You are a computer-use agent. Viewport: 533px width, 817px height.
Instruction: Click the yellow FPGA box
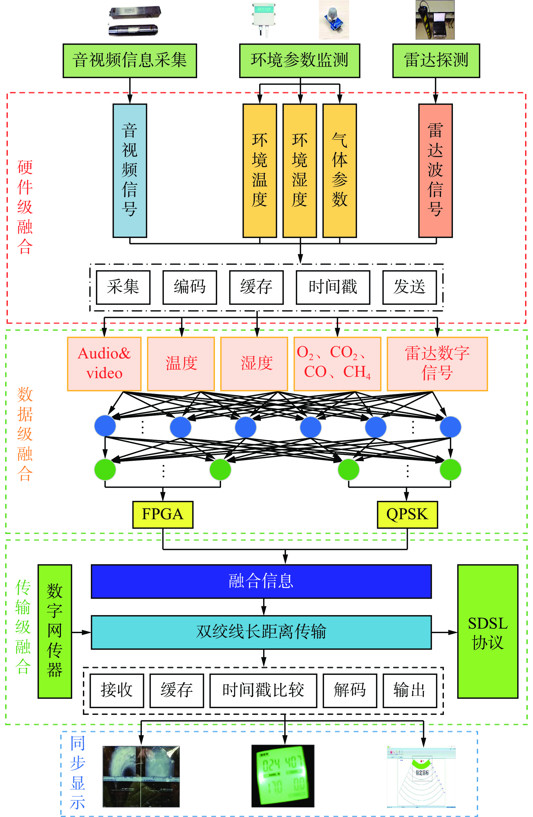point(163,514)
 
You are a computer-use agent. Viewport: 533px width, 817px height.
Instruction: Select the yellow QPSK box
point(407,514)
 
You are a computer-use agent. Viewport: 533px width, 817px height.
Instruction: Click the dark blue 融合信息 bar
point(261,581)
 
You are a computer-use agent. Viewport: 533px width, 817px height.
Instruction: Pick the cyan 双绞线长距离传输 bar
point(261,632)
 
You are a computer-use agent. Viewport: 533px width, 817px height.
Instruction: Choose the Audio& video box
point(104,364)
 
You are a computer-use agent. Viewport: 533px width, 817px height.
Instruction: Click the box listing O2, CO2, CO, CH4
point(337,364)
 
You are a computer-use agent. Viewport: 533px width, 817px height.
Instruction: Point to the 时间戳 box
point(332,287)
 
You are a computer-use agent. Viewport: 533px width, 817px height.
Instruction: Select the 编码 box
point(190,287)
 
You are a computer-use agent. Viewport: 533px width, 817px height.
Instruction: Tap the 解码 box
point(350,690)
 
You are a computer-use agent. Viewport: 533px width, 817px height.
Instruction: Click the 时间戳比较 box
point(263,690)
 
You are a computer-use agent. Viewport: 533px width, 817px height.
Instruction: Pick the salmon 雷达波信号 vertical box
point(435,170)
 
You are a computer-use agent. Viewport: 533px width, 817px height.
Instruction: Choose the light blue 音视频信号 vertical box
point(130,170)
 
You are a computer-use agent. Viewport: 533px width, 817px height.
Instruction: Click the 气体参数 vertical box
point(340,170)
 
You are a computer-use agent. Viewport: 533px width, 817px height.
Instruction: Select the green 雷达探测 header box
point(436,60)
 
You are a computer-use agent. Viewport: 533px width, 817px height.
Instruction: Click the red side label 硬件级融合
point(25,207)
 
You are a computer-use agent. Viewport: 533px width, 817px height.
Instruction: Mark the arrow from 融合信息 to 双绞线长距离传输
point(264,607)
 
